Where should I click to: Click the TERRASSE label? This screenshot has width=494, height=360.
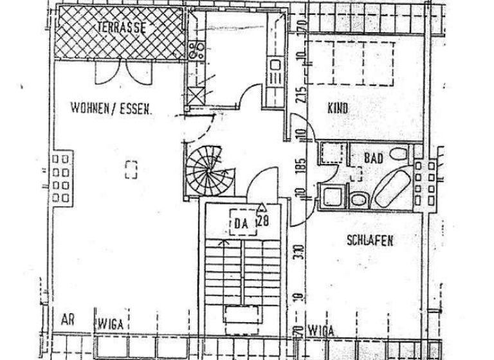[122, 28]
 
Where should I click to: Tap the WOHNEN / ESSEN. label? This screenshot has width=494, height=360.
[111, 109]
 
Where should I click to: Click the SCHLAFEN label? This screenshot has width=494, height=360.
[370, 241]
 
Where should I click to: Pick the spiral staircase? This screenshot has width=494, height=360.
[205, 166]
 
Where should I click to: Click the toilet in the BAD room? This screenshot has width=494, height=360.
[398, 154]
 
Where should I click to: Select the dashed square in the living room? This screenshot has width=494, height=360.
[131, 168]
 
